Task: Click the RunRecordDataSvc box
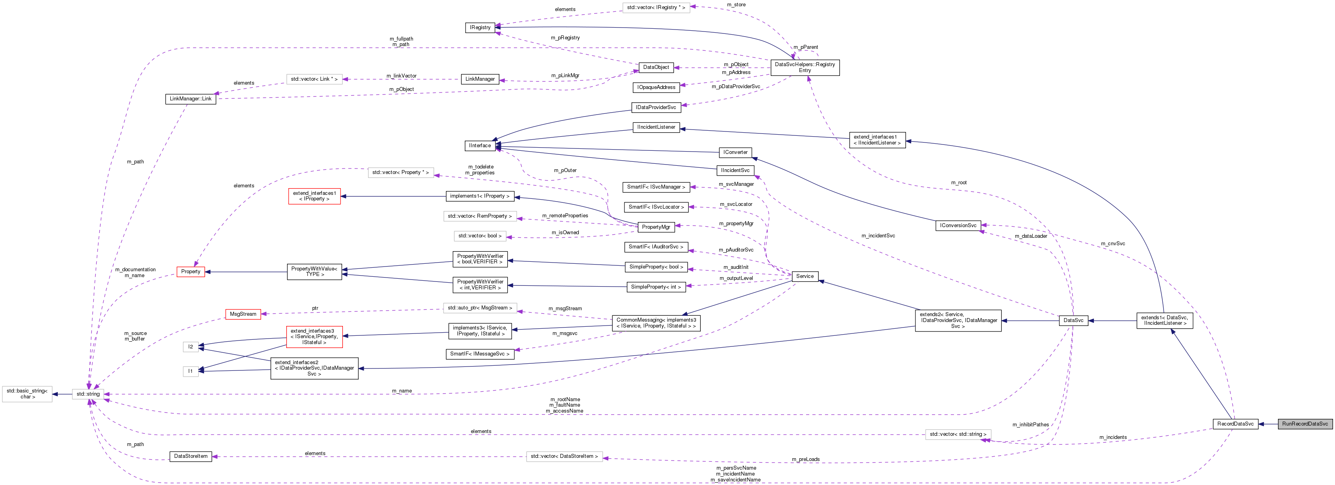[x=1304, y=424]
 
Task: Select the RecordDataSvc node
[x=1235, y=424]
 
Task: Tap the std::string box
[x=88, y=394]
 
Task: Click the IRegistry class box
[x=479, y=28]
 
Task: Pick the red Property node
[x=191, y=271]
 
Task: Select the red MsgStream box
[x=243, y=314]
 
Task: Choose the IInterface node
[x=479, y=146]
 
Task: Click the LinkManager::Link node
[x=190, y=98]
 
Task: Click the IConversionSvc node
[x=958, y=225]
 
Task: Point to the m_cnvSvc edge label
[x=1113, y=243]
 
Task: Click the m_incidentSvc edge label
[x=878, y=235]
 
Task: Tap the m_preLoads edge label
[x=805, y=459]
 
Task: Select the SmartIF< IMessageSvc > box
[x=479, y=354]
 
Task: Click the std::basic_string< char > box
[x=27, y=394]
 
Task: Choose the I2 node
[x=190, y=346]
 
